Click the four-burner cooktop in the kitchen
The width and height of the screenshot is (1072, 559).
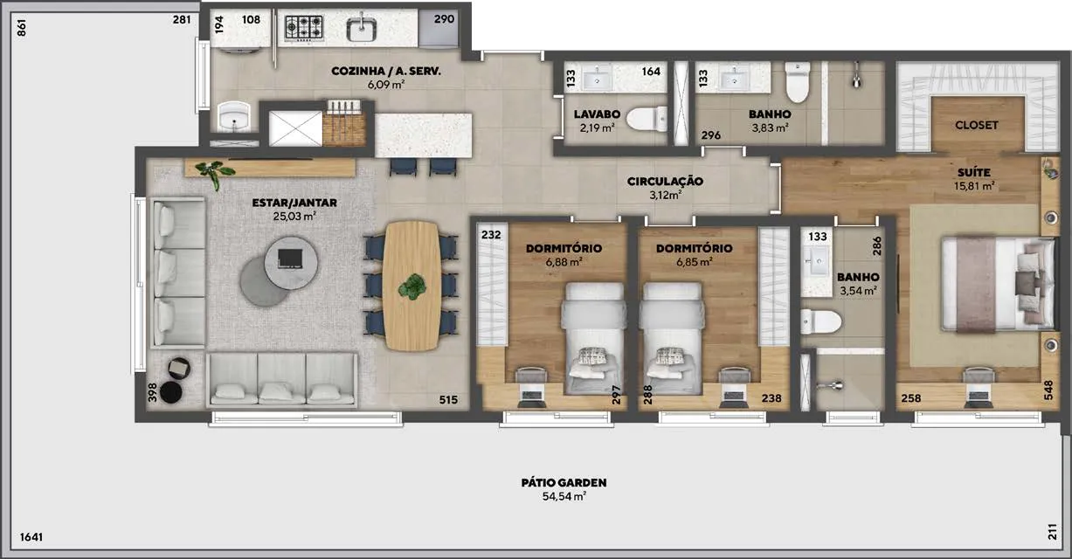pyautogui.click(x=304, y=27)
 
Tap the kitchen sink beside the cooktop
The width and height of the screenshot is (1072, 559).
pyautogui.click(x=362, y=28)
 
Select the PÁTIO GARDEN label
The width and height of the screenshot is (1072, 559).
pyautogui.click(x=564, y=482)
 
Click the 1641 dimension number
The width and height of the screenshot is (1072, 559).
pyautogui.click(x=31, y=537)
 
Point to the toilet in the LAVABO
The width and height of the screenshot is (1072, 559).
pyautogui.click(x=647, y=119)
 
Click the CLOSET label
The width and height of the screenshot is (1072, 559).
pyautogui.click(x=976, y=125)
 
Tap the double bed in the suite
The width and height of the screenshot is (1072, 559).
pyautogui.click(x=999, y=284)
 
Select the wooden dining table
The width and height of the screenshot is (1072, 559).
pyautogui.click(x=412, y=286)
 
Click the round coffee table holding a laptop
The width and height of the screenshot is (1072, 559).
pyautogui.click(x=291, y=263)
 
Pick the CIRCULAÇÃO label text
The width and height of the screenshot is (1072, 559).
pyautogui.click(x=665, y=182)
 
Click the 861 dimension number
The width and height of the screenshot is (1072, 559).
pyautogui.click(x=22, y=28)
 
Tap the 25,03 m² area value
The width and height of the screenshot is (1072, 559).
pyautogui.click(x=294, y=216)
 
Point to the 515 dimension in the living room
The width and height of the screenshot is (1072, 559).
pyautogui.click(x=448, y=400)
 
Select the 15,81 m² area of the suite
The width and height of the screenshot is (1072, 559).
pyautogui.click(x=974, y=186)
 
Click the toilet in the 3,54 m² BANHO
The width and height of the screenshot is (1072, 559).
pyautogui.click(x=820, y=321)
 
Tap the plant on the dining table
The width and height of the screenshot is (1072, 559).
pyautogui.click(x=412, y=286)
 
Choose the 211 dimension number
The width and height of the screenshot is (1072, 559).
pyautogui.click(x=1053, y=532)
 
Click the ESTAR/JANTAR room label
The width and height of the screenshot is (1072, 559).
pyautogui.click(x=294, y=203)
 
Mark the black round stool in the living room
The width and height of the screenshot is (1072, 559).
pyautogui.click(x=171, y=393)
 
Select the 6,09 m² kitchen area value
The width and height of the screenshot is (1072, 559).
pyautogui.click(x=386, y=85)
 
